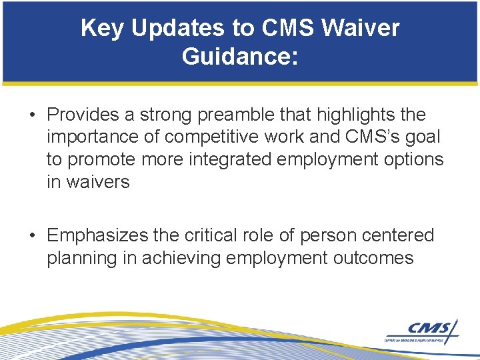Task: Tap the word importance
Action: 90,137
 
